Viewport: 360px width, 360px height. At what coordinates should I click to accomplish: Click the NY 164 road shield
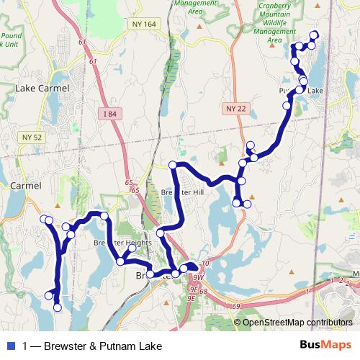point(144,24)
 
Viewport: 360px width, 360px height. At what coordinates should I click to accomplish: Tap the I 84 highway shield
point(109,113)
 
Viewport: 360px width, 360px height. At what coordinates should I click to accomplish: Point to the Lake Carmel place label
point(42,89)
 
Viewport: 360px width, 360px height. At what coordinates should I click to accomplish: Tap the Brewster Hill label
point(183,193)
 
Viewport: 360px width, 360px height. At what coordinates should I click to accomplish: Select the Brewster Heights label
point(122,243)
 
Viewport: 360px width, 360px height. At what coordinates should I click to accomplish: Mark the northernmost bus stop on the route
point(314,35)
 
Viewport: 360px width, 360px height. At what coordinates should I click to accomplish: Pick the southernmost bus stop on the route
point(58,308)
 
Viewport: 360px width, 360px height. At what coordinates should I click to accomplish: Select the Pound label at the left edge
point(11,35)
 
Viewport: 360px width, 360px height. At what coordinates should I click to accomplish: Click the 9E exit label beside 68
point(192,290)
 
